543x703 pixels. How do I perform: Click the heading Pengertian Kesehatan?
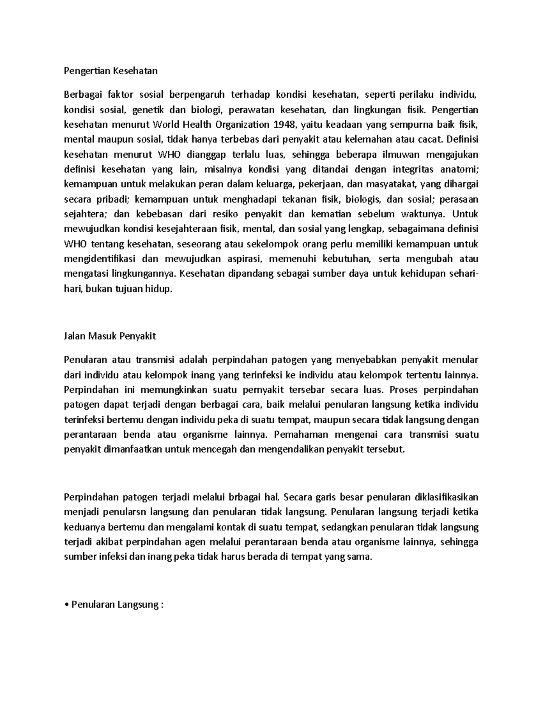pos(110,71)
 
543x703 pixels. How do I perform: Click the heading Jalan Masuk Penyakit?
pos(110,336)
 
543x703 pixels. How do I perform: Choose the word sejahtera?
pos(86,214)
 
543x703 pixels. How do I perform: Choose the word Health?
pos(195,124)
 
